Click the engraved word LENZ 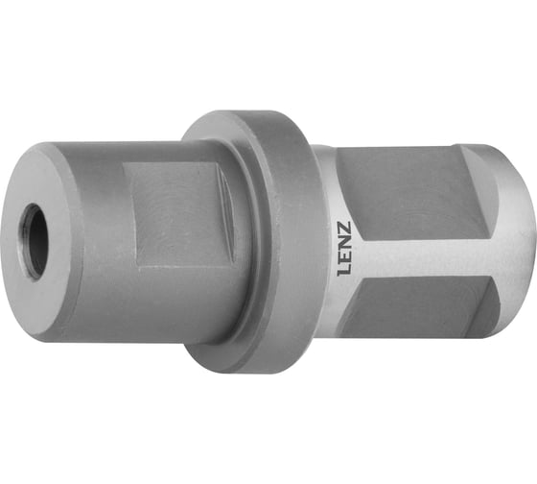pyautogui.click(x=344, y=249)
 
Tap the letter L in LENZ pyautogui.click(x=344, y=270)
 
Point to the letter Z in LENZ pyautogui.click(x=344, y=229)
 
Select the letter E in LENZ pyautogui.click(x=344, y=256)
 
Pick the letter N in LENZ pyautogui.click(x=344, y=243)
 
